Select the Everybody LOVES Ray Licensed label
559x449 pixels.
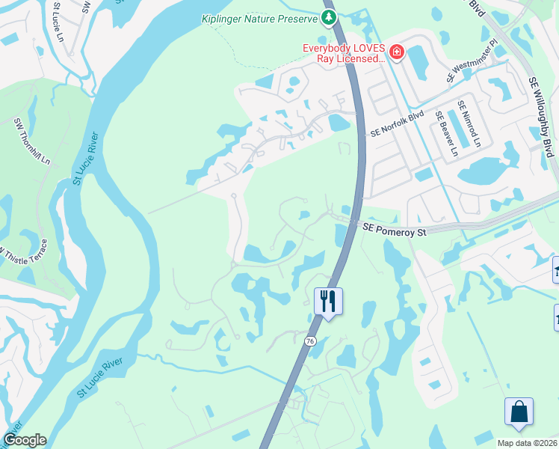click(343, 52)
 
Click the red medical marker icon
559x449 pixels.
click(397, 52)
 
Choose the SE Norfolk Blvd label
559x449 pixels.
click(397, 123)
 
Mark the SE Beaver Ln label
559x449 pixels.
click(447, 135)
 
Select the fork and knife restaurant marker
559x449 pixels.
click(328, 301)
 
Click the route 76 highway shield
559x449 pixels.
click(311, 341)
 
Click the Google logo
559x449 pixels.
click(25, 440)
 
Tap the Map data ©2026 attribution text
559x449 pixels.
click(527, 442)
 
